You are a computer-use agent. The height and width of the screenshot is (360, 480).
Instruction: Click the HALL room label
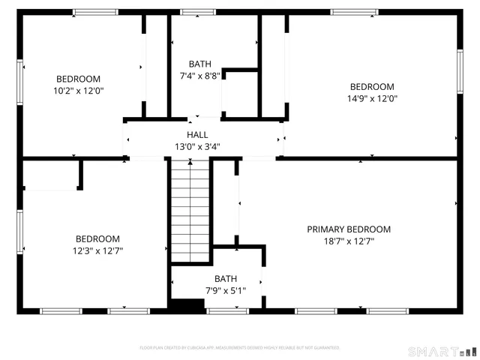[197, 135]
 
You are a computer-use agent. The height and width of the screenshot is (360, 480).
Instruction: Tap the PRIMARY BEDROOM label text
[349, 229]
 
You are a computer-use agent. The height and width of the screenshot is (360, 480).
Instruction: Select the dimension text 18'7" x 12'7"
[349, 241]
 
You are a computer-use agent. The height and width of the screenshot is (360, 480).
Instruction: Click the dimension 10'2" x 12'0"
[78, 91]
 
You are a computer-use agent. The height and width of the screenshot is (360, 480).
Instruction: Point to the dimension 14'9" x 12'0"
[372, 98]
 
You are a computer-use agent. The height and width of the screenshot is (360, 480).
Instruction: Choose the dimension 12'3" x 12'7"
[97, 250]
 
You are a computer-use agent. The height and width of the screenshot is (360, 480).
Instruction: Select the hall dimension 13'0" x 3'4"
[197, 147]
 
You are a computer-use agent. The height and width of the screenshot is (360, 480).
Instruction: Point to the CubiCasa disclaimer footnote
[240, 348]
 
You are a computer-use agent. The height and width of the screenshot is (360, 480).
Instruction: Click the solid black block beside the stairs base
[187, 304]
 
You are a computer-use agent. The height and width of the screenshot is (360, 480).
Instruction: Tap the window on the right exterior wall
[460, 71]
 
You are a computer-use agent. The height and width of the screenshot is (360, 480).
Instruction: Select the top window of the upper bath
[198, 12]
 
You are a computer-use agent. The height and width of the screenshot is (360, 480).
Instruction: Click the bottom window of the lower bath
[226, 310]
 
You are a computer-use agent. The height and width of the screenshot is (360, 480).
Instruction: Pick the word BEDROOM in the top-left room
[78, 79]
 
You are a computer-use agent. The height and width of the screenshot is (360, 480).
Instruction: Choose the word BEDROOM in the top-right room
[372, 86]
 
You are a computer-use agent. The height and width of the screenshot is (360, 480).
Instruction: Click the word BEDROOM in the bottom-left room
[97, 238]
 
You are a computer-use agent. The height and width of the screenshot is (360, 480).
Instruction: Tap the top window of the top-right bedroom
[354, 12]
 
